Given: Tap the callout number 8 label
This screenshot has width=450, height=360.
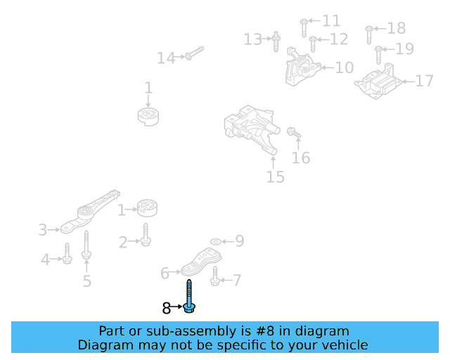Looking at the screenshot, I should (x=166, y=308).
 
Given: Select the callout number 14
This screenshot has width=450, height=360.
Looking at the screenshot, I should (x=166, y=58).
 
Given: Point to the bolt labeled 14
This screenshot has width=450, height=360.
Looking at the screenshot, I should (x=194, y=53).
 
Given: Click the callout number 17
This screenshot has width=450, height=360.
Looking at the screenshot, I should (x=424, y=82).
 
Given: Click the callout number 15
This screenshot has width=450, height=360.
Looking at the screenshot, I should (x=275, y=176).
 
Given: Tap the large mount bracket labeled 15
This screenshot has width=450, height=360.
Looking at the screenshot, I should (x=251, y=129).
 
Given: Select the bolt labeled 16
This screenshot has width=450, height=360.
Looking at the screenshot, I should (x=292, y=131).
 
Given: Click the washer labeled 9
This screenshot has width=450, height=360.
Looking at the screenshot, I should (x=215, y=242).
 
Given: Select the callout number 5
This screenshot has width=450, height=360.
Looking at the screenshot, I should (x=86, y=281).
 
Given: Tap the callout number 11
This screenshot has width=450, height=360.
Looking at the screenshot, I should (x=330, y=21).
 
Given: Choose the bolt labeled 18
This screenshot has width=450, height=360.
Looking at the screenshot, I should (x=368, y=32).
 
